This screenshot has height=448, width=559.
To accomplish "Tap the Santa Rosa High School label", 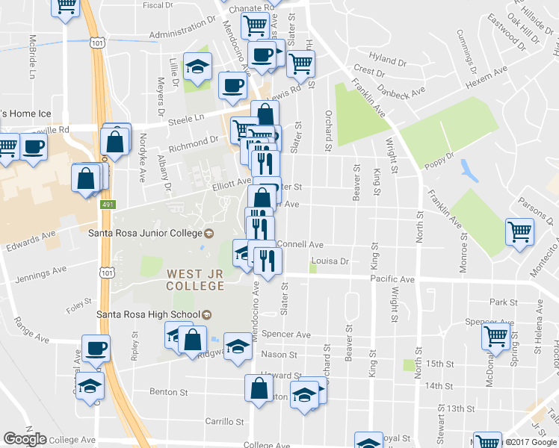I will tap(149, 314).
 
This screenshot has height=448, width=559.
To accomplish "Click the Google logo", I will tap(25, 439).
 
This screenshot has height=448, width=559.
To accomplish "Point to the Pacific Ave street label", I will tap(392, 279).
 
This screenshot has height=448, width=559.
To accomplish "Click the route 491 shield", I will tap(108, 204).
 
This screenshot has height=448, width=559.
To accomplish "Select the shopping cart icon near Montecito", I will tap(519, 231).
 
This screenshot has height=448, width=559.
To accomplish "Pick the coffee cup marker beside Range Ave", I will tap(95, 349).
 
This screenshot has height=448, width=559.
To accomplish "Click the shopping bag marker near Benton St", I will tap(259, 390).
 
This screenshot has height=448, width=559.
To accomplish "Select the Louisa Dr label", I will tap(333, 261).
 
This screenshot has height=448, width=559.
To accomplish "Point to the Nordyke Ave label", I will tap(142, 158).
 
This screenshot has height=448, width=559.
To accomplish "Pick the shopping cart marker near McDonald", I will tap(495, 337).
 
